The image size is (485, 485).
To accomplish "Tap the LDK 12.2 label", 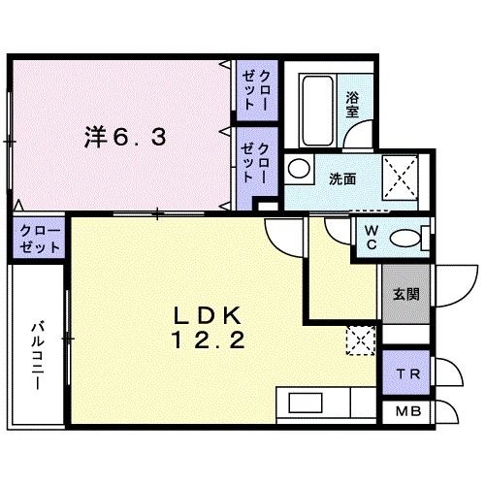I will coord(215,328).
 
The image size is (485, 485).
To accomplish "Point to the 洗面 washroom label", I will coord(341,179).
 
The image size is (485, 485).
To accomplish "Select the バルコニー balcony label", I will coord(37,354).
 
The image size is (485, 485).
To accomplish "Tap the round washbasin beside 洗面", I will coord(296,167).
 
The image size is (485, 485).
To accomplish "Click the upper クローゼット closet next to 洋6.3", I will coord(256,88).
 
